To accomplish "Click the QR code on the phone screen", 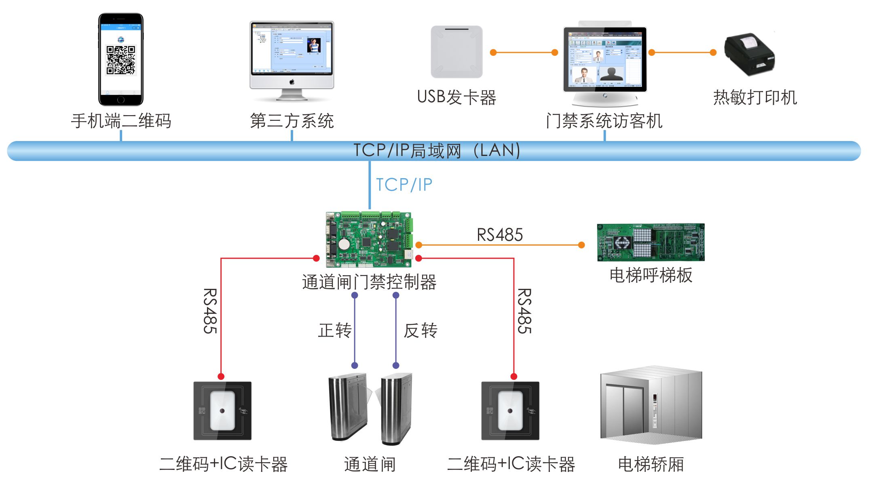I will (120, 60).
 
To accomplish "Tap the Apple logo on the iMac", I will (292, 82).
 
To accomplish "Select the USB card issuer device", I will (457, 52).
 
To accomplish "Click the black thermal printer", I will (749, 55).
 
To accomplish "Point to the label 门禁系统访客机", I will (604, 121).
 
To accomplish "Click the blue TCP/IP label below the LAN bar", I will (404, 185).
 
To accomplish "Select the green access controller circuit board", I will (369, 239).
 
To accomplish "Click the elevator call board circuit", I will (651, 242).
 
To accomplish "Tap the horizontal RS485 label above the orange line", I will (500, 235).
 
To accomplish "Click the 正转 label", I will (335, 330).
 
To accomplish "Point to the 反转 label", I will (421, 330).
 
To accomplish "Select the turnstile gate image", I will (370, 408).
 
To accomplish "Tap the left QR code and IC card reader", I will (222, 410).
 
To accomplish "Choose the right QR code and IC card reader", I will (510, 410).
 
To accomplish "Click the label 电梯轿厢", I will (651, 464).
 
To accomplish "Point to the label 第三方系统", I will (292, 121).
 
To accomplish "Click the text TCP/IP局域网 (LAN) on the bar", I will (437, 151).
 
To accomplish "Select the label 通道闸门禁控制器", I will (369, 282).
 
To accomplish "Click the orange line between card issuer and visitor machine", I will (524, 53).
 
